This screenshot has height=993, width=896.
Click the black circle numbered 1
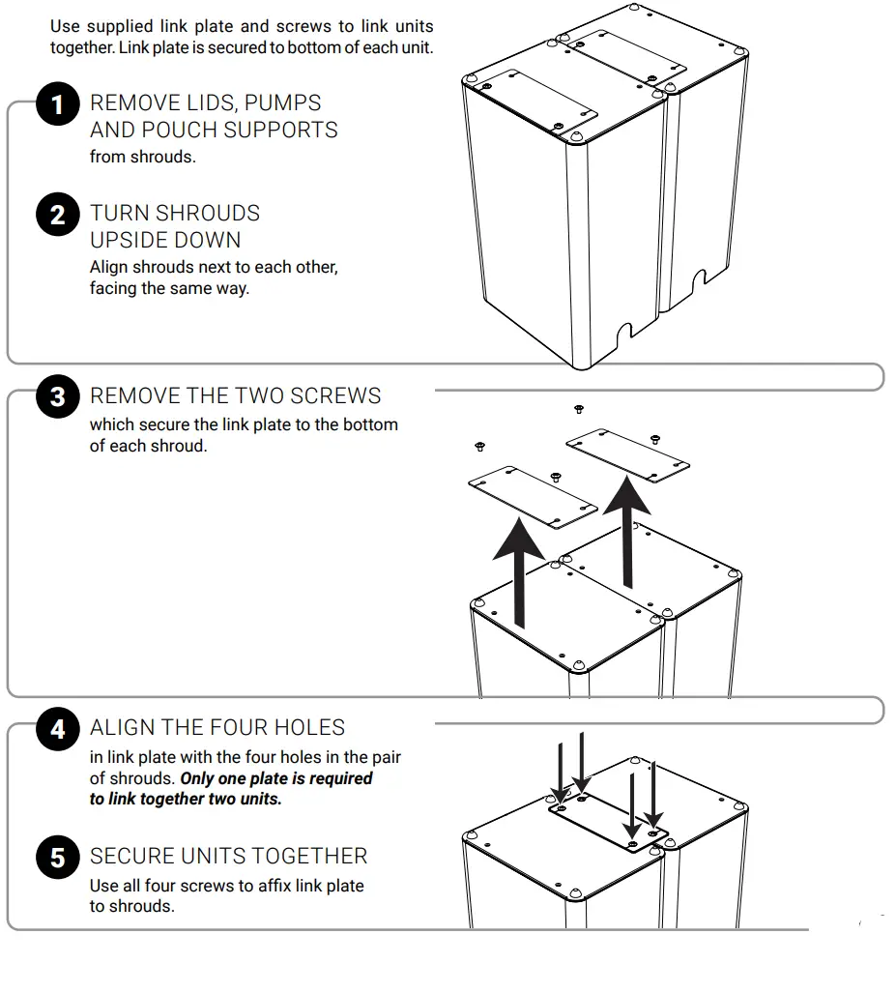(57, 103)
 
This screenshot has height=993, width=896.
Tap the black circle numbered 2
(57, 214)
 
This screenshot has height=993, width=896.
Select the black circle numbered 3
(57, 396)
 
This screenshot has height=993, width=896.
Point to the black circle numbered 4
(57, 728)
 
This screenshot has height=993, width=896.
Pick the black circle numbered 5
(57, 857)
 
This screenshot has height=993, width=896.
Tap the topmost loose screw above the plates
(579, 409)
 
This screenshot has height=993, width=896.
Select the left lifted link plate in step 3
(532, 496)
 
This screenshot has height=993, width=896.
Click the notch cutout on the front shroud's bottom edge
(624, 336)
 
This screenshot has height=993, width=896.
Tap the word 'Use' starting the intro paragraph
(65, 26)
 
